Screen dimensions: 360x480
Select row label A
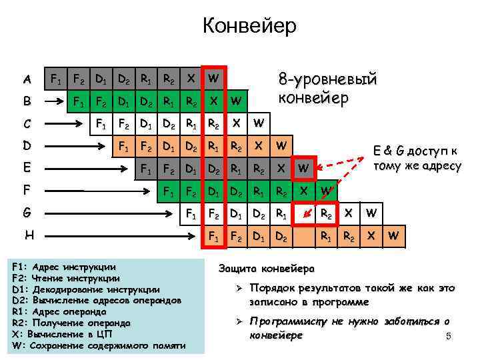click(27, 79)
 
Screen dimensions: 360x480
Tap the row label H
click(29, 236)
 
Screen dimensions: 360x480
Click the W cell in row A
click(213, 78)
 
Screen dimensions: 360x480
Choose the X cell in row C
click(235, 123)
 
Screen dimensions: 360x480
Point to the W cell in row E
click(303, 167)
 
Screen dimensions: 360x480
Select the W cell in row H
click(394, 236)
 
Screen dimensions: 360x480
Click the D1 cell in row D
click(169, 145)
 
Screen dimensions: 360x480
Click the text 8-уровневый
click(327, 80)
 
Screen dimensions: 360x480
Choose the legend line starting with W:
click(99, 345)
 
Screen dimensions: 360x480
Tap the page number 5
click(449, 336)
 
